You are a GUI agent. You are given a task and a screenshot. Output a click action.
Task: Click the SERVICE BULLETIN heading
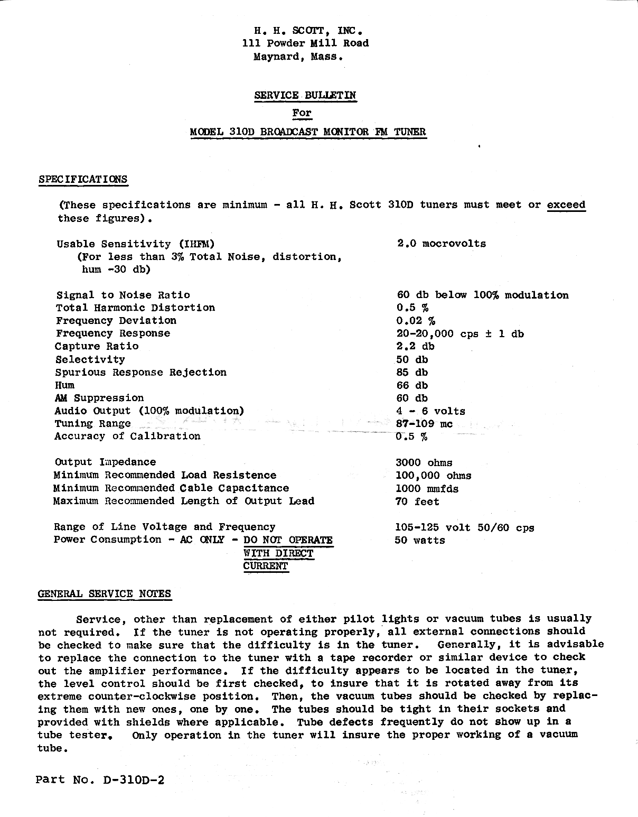(305, 96)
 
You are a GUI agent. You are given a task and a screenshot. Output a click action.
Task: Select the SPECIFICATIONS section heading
(83, 179)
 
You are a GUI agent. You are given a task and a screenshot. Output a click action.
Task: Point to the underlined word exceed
(566, 205)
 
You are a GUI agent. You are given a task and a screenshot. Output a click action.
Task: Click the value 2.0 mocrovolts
(441, 244)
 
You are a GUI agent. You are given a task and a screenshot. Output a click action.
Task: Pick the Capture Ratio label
(97, 347)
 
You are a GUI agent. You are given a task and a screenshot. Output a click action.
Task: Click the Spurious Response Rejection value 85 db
(412, 373)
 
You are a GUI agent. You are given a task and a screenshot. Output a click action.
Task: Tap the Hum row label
(64, 385)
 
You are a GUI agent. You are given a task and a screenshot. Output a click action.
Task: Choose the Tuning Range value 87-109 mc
(424, 424)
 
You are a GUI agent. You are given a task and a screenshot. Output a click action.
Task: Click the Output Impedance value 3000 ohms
(424, 463)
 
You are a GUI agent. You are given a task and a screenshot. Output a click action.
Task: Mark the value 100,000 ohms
(433, 476)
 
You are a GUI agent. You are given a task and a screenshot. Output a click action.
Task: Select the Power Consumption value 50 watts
(420, 540)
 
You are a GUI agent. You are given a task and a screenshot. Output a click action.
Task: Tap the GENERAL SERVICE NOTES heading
(105, 594)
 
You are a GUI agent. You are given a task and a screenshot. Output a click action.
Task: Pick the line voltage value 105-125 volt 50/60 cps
(464, 527)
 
